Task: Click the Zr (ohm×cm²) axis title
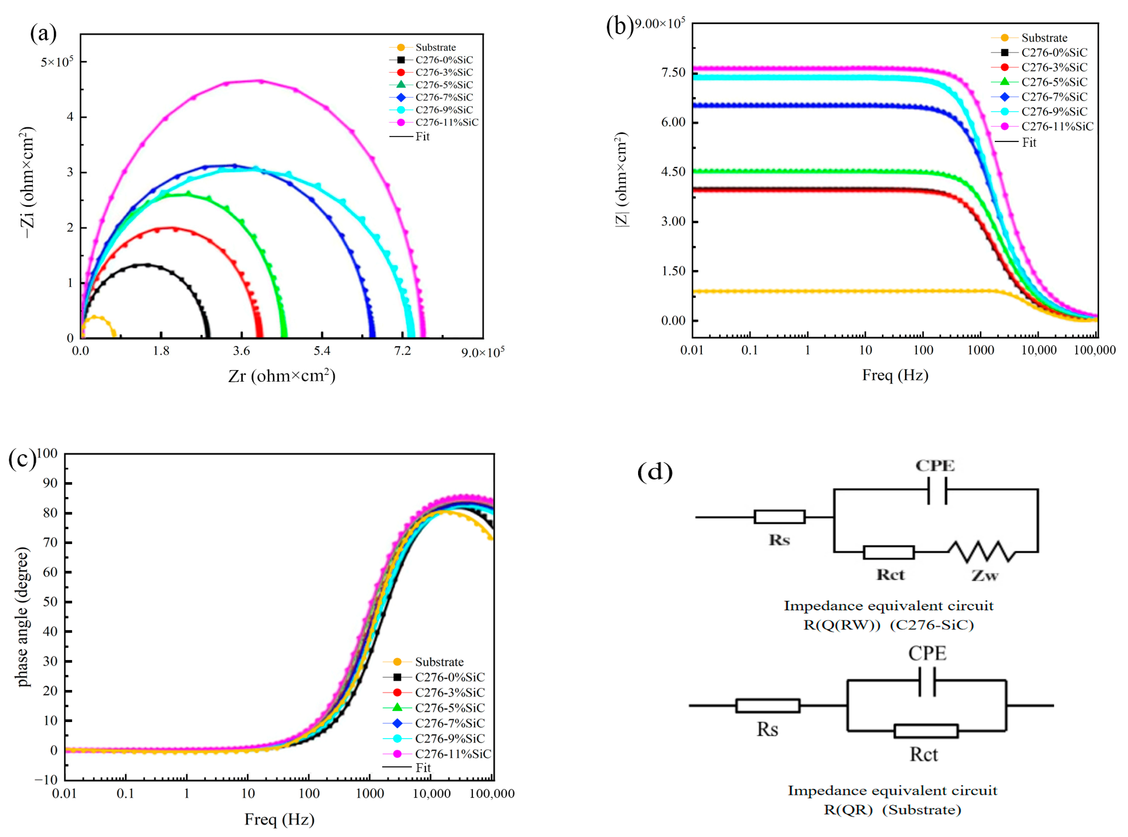(x=282, y=376)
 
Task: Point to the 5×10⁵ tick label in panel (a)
(x=57, y=62)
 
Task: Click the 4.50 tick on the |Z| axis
(x=673, y=172)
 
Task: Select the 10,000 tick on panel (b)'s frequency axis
(x=1038, y=350)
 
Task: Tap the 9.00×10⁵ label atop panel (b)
(x=660, y=24)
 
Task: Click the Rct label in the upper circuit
(x=890, y=575)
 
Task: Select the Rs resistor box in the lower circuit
(x=767, y=706)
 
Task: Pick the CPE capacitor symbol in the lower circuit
(x=927, y=682)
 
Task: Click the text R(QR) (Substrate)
(x=892, y=810)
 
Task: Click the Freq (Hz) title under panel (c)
(x=279, y=819)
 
